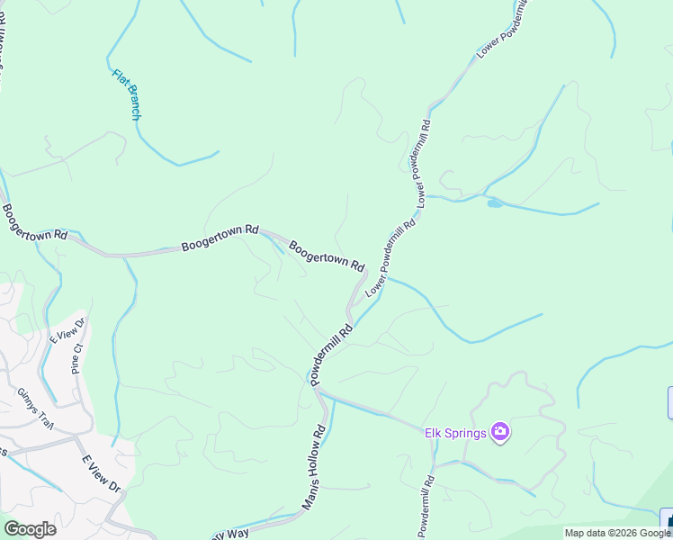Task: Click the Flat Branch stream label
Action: [x=127, y=94]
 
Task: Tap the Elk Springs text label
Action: [x=455, y=433]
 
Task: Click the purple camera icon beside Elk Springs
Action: [x=501, y=433]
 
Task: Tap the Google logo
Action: [x=30, y=529]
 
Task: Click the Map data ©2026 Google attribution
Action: [x=617, y=533]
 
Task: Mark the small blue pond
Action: [x=495, y=203]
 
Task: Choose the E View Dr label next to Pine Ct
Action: [x=67, y=331]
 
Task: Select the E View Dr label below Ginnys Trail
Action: [x=101, y=472]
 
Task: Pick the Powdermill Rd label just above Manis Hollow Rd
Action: [x=332, y=355]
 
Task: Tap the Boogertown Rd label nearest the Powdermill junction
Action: [x=327, y=255]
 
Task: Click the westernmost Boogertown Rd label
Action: [x=34, y=222]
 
